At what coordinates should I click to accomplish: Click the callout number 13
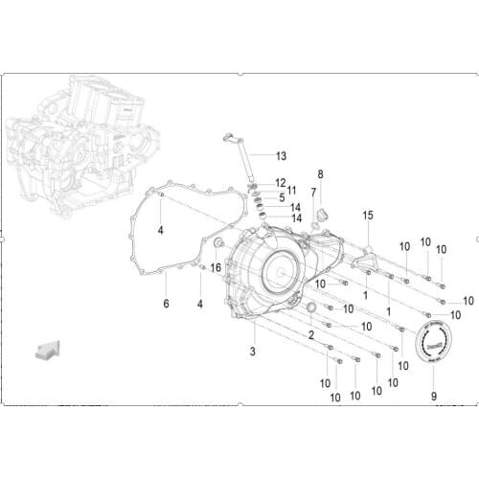pyautogui.click(x=281, y=155)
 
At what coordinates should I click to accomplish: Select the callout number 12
pyautogui.click(x=280, y=182)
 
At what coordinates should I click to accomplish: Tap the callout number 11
pyautogui.click(x=291, y=190)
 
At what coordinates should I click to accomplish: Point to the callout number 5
pyautogui.click(x=281, y=197)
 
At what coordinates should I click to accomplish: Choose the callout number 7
pyautogui.click(x=313, y=192)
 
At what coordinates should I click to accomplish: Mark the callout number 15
pyautogui.click(x=367, y=216)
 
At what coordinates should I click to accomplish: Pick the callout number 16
pyautogui.click(x=216, y=268)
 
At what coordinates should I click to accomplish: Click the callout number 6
pyautogui.click(x=165, y=304)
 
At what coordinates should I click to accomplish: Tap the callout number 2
pyautogui.click(x=310, y=334)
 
